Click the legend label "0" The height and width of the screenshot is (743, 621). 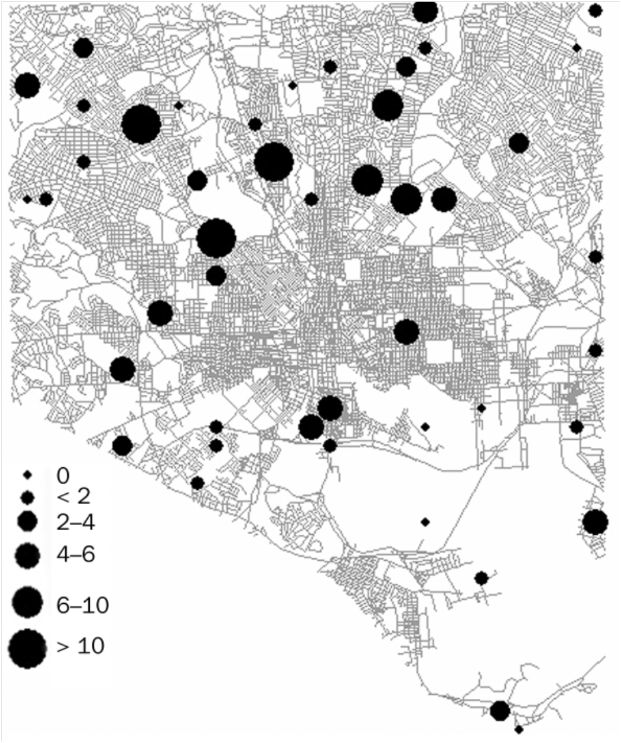click(x=63, y=475)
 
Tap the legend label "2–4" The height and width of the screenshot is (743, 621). click(x=76, y=521)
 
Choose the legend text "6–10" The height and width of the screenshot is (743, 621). click(x=82, y=605)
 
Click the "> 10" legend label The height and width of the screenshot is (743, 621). click(x=81, y=647)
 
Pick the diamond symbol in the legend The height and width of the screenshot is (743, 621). click(x=27, y=475)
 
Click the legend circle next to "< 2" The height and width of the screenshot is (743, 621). click(x=27, y=497)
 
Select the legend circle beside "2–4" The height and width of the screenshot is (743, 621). click(x=27, y=521)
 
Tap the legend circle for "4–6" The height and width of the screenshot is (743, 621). click(x=27, y=554)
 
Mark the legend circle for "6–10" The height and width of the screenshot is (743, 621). click(x=27, y=602)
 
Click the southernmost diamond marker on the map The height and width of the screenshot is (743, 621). click(x=519, y=729)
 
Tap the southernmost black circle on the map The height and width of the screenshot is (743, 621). click(x=500, y=710)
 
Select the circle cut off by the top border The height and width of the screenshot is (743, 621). click(x=425, y=11)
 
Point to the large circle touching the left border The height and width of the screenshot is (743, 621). click(x=27, y=86)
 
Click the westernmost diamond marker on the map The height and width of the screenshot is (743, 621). click(x=27, y=199)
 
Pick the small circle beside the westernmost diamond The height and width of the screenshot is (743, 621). click(x=46, y=199)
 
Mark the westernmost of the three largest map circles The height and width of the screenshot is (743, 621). click(x=141, y=125)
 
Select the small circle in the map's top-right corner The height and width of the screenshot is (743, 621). click(x=595, y=10)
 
